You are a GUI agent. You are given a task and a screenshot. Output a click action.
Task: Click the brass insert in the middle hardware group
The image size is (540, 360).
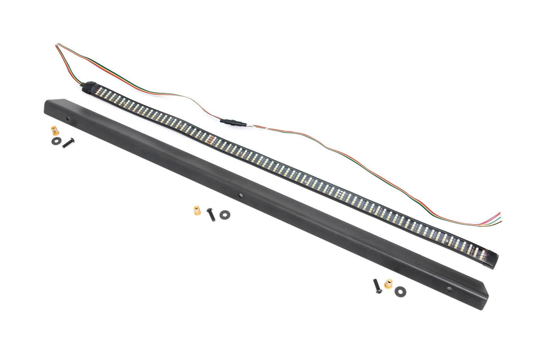[x=197, y=210]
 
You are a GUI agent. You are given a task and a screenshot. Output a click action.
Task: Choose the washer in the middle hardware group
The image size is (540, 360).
[x=225, y=214]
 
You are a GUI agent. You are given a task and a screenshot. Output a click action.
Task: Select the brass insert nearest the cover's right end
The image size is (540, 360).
[x=389, y=284]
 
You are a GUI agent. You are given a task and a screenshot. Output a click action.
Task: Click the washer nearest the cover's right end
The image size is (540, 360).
[x=400, y=290]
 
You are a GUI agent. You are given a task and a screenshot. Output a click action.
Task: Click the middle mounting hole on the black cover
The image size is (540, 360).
[x=240, y=195]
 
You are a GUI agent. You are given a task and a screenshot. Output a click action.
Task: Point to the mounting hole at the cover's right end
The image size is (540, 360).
[x=449, y=289]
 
